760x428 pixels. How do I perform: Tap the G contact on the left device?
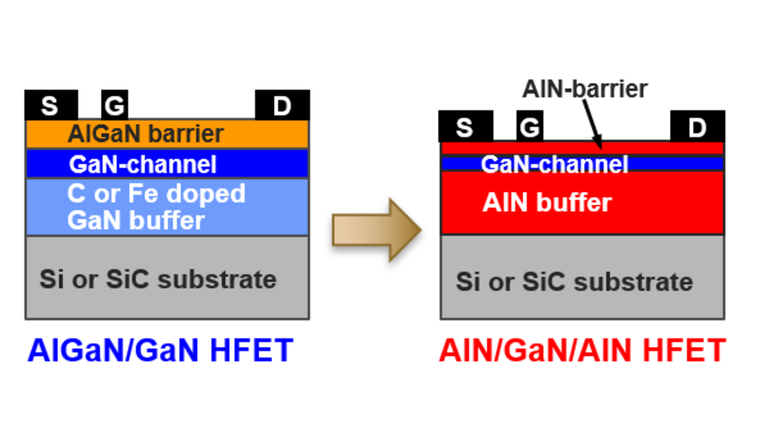coord(115,105)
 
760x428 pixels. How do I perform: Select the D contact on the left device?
coord(282,105)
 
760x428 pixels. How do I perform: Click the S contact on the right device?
coord(465,127)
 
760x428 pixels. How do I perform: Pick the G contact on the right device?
coord(530,127)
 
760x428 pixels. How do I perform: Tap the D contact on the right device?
coord(697,127)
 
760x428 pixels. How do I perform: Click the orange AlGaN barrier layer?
coord(166,134)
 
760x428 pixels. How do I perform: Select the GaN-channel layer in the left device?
coord(166,164)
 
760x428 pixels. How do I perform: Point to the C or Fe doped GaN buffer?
coord(166,207)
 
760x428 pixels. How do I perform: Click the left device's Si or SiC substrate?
coord(166,278)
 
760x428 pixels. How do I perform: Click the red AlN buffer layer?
coord(582,203)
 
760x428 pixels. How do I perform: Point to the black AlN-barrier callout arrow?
coord(592,124)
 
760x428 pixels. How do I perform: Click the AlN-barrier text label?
coord(584,89)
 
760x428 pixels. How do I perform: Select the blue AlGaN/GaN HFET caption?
coord(161,350)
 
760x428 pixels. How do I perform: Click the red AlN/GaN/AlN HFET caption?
coord(582,350)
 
